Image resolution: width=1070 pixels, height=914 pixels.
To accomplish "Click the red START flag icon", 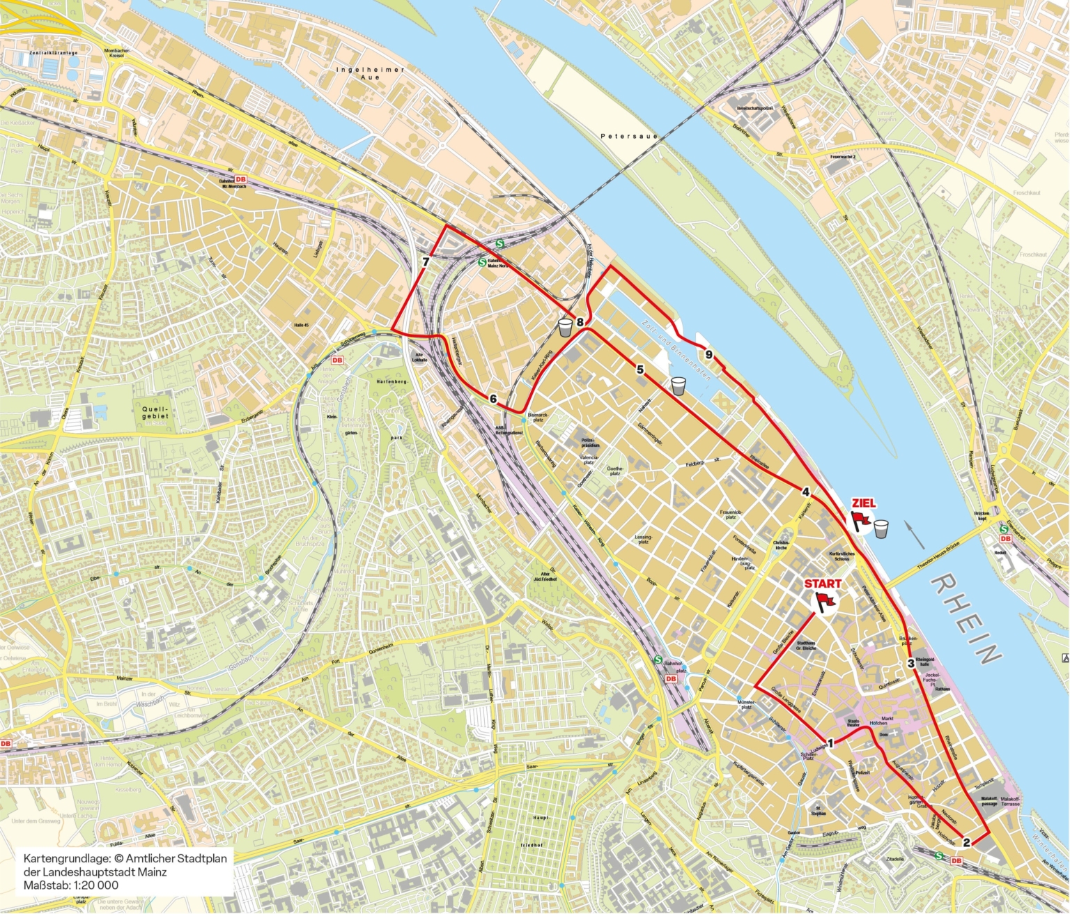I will tap(825, 602).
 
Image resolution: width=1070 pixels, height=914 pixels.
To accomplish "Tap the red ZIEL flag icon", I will tap(861, 521).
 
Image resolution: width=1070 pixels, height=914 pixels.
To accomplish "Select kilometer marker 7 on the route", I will tap(425, 263).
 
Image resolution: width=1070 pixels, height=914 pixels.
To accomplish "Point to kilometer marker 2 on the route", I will tap(966, 842).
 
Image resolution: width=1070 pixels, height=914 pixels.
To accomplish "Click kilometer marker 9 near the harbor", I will tap(709, 355).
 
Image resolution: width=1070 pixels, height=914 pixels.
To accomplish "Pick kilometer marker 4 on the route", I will tap(806, 492).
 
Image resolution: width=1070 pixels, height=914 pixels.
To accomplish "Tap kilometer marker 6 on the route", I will tap(493, 399).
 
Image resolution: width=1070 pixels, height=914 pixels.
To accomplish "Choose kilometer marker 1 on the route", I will tap(830, 743).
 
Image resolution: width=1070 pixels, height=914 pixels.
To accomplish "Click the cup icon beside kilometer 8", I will tap(565, 328).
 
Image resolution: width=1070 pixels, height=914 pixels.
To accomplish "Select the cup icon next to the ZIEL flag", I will tap(882, 528).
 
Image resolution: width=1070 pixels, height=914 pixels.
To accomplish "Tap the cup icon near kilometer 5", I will tap(679, 386).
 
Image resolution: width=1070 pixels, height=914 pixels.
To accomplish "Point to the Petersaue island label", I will tap(629, 137).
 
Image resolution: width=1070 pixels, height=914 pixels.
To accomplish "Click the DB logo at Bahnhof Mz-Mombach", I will tap(241, 179).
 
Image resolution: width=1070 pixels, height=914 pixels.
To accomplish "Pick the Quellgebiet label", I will tap(155, 412).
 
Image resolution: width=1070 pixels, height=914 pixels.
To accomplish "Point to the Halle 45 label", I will tap(301, 326).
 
